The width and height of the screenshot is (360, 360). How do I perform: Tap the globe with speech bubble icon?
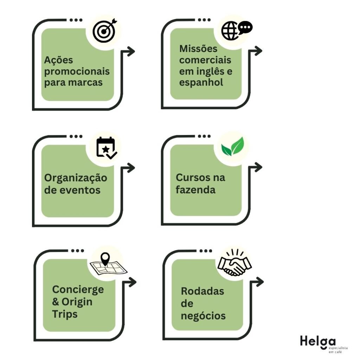[x=236, y=30]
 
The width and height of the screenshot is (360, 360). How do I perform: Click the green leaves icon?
[x=232, y=147]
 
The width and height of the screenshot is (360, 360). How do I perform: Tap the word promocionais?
[x=77, y=72]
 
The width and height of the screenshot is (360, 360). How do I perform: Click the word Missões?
[x=198, y=49]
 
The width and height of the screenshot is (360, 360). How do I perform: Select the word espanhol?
[x=201, y=83]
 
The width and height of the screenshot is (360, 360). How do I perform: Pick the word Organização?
[x=76, y=178]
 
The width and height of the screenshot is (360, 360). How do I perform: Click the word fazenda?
[x=196, y=190]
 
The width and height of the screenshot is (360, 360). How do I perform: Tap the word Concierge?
[x=78, y=290]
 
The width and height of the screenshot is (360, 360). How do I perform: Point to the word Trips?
[x=65, y=314]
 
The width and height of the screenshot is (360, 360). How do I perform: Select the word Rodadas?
[x=202, y=291]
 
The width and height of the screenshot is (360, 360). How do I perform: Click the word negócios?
[x=203, y=316]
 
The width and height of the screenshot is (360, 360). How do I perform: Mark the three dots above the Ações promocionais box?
[x=76, y=20]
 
